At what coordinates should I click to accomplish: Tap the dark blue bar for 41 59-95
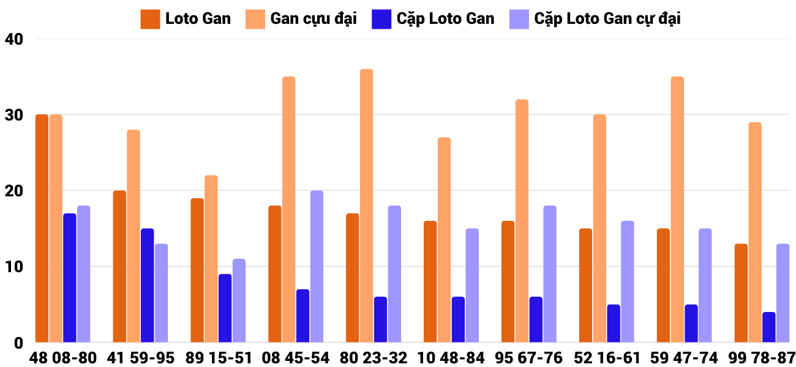(x=147, y=285)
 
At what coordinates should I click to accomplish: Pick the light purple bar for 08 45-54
(x=317, y=266)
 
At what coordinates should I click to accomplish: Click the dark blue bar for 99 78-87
(x=768, y=327)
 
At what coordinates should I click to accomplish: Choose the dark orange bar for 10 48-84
(x=430, y=281)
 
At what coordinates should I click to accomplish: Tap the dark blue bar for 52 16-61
(x=614, y=324)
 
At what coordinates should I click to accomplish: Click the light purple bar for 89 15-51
(x=239, y=300)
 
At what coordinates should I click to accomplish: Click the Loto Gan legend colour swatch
(x=150, y=19)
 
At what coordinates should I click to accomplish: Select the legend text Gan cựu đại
(x=313, y=19)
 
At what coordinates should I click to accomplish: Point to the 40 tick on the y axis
(x=13, y=39)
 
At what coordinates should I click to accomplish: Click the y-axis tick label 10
(x=13, y=267)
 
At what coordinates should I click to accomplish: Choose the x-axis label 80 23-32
(x=374, y=357)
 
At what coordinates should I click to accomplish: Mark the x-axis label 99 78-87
(x=762, y=357)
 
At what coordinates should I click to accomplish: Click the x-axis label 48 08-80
(x=63, y=357)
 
